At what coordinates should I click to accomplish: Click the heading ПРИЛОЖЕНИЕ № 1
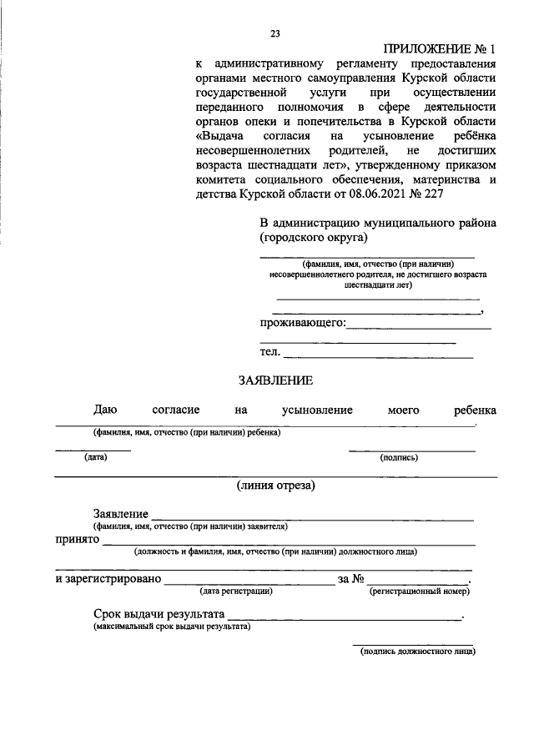coord(439,48)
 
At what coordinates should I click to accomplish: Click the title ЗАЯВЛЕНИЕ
coord(275,380)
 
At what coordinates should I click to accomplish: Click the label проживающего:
coord(302,322)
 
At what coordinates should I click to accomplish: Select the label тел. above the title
coord(270,352)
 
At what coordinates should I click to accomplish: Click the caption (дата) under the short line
coord(93,457)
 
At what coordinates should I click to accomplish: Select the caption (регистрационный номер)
coord(419,591)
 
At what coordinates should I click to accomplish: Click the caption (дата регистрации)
coord(236,591)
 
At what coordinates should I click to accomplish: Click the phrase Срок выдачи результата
coord(159,614)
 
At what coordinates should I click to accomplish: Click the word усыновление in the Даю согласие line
coord(317,410)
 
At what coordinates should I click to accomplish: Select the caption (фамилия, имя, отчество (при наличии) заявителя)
coord(190,527)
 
